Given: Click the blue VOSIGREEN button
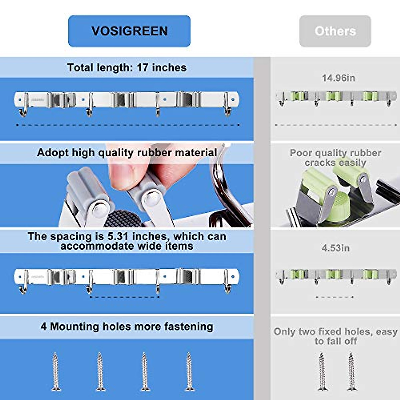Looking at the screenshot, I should click(129, 31).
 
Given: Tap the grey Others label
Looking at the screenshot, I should click(335, 31).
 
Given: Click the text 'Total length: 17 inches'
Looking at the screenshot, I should click(127, 68).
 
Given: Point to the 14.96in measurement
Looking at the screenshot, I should click(338, 78).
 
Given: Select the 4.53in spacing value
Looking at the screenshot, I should click(336, 248).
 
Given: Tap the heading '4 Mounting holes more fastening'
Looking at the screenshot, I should click(127, 326).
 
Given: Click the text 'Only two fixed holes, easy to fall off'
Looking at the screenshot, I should click(336, 336).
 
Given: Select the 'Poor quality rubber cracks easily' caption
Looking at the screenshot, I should click(335, 158).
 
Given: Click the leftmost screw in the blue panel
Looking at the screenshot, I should click(56, 372).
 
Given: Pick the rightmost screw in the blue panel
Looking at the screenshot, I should click(189, 372).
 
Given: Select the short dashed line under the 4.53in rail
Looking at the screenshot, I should click(335, 297).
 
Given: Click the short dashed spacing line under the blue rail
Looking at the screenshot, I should click(125, 297).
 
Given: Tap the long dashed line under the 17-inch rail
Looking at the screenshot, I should click(128, 125).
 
